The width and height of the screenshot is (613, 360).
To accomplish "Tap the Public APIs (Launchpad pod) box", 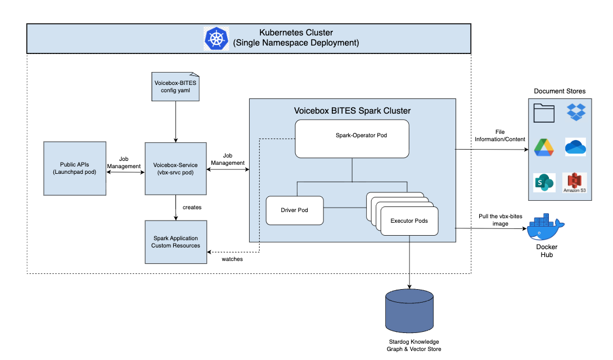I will point(75,168).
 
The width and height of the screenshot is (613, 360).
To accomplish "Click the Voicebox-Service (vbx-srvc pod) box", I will point(175,168).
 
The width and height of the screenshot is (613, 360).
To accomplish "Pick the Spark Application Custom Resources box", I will point(175,242).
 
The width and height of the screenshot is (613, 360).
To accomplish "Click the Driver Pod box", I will point(295,210).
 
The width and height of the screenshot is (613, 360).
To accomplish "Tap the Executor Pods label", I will point(409,220).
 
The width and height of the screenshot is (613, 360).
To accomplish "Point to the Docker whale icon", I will point(545,226).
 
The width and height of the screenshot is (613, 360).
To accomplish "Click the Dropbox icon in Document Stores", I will point(576,111).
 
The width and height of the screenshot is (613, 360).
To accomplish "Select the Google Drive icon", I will point(544,147).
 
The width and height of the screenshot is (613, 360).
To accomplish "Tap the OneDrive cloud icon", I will point(575,147).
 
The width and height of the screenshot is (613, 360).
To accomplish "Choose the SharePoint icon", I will point(544,183).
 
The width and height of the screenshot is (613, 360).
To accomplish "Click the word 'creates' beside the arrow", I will point(192,208).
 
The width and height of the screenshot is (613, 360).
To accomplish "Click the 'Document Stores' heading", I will point(559,91).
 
